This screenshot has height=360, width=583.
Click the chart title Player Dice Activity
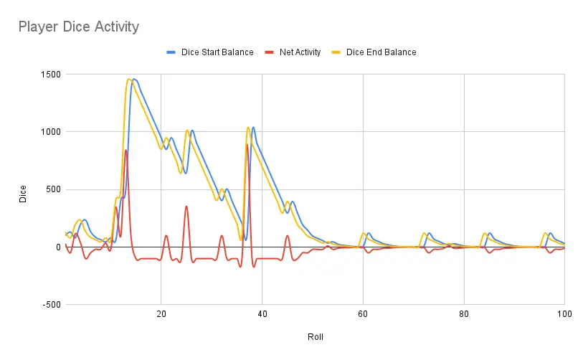[78, 27]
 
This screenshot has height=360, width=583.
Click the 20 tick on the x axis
[161, 313]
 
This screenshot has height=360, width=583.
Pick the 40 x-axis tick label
[262, 313]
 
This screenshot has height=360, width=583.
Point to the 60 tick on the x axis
[364, 313]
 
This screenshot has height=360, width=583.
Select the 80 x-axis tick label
[465, 313]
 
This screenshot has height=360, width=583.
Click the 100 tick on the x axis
[564, 313]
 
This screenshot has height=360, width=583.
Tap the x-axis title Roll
[316, 336]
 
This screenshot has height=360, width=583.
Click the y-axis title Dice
[23, 194]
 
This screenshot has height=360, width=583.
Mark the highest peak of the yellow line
[128, 79]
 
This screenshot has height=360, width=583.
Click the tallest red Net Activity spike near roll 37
[247, 144]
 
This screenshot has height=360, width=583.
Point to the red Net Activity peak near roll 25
[186, 207]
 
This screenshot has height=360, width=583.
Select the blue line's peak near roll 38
[253, 127]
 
